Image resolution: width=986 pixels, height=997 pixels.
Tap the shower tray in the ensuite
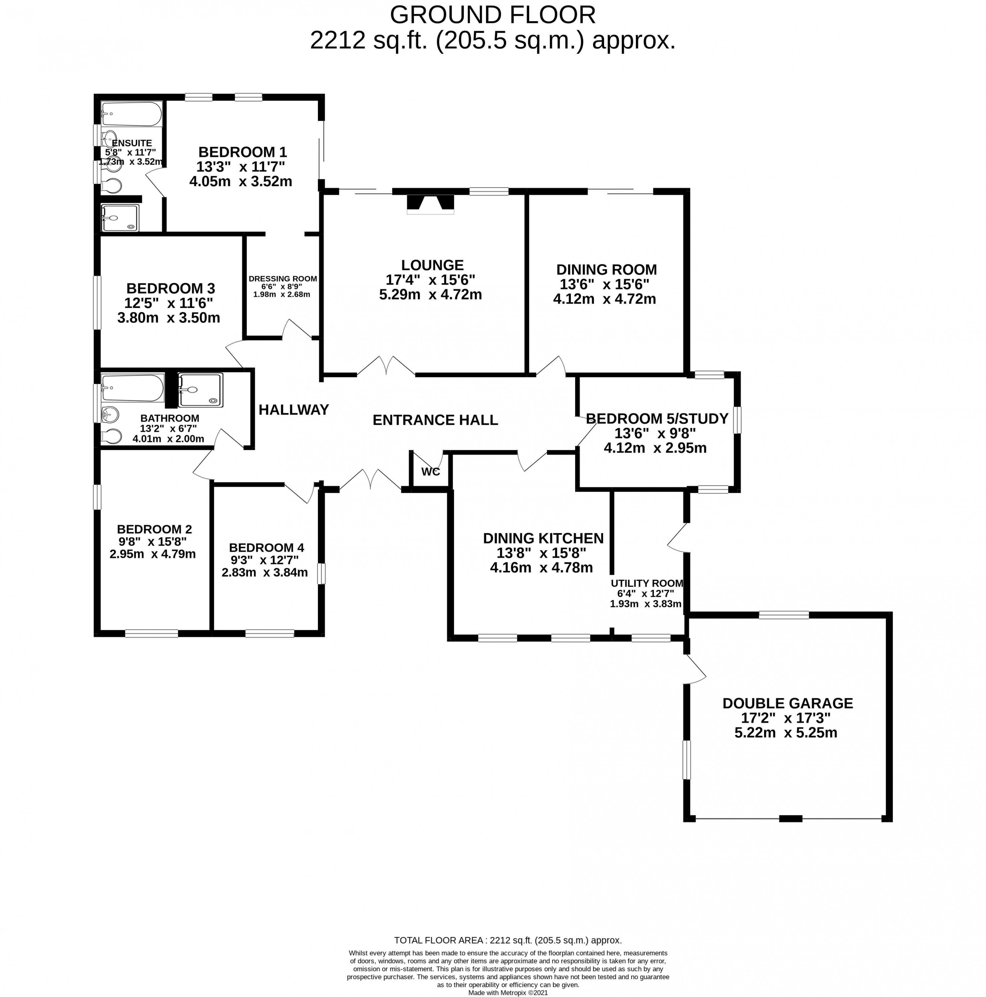pos(120,218)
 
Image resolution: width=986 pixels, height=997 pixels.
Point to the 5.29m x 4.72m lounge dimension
pos(430,295)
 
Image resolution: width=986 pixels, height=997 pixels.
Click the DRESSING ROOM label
pos(283,279)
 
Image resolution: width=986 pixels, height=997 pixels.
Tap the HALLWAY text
pos(293,410)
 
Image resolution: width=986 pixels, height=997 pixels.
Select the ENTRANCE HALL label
pos(435,420)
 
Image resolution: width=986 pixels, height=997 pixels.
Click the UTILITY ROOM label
pos(647,583)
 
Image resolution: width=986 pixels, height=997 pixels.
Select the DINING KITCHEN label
pos(543,538)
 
